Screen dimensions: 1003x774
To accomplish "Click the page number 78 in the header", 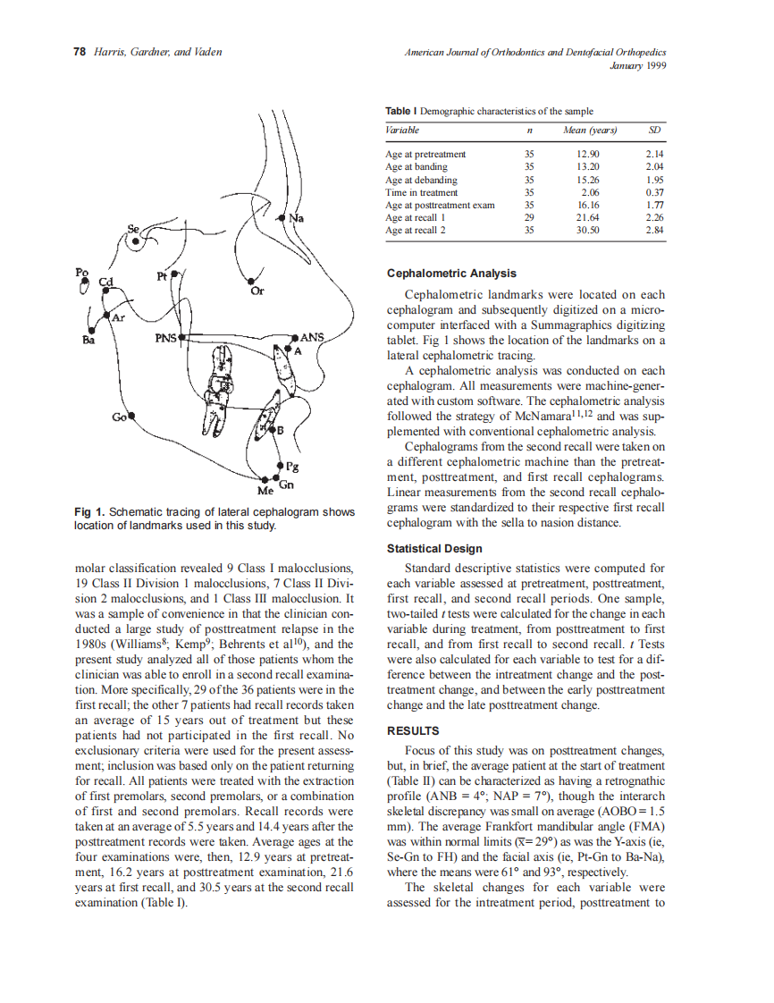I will click(79, 53).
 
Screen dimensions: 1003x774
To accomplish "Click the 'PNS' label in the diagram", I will click(166, 339).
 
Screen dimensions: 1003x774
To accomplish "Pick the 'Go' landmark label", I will click(118, 417).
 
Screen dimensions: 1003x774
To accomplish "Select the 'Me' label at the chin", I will click(265, 492).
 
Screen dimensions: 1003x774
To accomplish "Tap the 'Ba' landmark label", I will click(88, 340).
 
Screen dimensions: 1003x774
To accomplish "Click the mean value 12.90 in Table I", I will click(589, 154).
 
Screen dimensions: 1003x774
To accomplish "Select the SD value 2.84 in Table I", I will click(656, 230).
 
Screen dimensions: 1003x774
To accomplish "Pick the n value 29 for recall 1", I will click(529, 217).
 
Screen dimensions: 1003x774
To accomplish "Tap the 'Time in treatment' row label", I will click(421, 192).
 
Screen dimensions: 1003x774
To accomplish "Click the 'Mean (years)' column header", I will click(589, 131).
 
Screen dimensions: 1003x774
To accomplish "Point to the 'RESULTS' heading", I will click(412, 730).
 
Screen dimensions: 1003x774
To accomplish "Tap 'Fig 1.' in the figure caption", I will click(89, 512).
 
